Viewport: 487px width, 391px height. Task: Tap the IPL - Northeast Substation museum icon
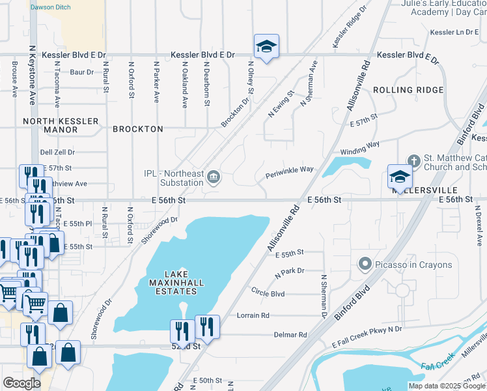(x=213, y=177)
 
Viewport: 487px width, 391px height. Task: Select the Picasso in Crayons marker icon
(x=365, y=265)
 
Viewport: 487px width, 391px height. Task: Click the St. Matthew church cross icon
(x=413, y=161)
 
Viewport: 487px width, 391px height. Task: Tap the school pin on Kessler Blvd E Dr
(x=266, y=46)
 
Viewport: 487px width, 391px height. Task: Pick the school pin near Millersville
(x=400, y=176)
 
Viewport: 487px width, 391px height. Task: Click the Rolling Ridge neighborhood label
(x=408, y=90)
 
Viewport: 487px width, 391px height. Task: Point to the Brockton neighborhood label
(x=138, y=129)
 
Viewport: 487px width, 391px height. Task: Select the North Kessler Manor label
(x=61, y=125)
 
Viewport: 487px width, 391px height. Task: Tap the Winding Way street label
(x=359, y=147)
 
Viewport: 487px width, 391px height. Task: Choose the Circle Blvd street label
(x=268, y=294)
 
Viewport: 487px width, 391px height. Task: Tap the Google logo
(x=21, y=383)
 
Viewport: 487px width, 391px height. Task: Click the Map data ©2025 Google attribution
(x=445, y=386)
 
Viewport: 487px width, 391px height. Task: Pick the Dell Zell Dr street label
(x=57, y=152)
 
